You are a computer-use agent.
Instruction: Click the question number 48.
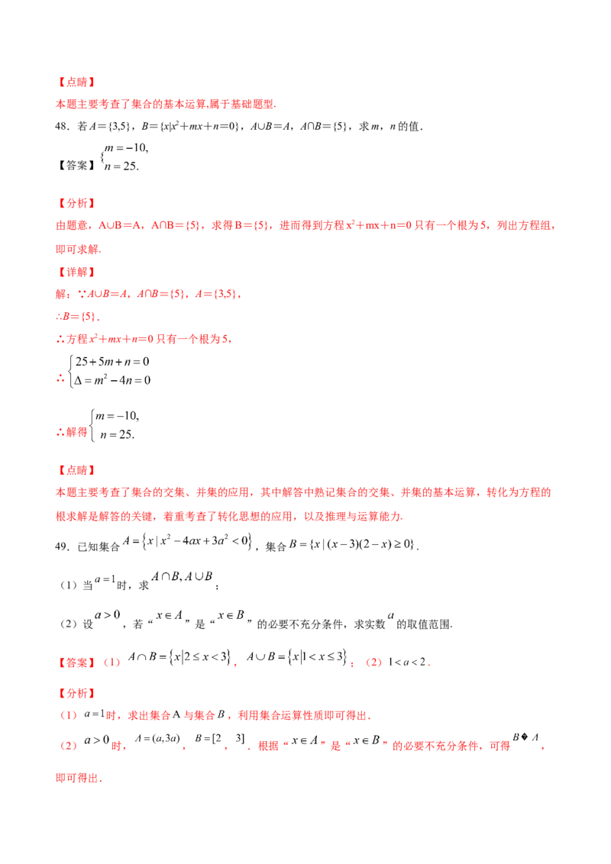[61, 127]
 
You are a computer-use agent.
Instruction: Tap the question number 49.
[61, 546]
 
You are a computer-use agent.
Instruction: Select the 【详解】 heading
[76, 272]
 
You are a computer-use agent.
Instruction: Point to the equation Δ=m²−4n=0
[112, 380]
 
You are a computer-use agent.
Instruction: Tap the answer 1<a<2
[408, 663]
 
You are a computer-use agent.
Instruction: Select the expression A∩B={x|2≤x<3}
[179, 657]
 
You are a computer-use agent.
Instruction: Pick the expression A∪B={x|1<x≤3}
[297, 657]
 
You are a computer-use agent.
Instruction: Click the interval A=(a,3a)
[157, 738]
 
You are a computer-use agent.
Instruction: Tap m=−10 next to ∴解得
[117, 416]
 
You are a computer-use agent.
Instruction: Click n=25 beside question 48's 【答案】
[121, 166]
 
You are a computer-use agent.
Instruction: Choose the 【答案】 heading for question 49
[76, 663]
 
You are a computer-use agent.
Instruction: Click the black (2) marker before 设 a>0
[69, 624]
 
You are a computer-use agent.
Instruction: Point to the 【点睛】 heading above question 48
[76, 82]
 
